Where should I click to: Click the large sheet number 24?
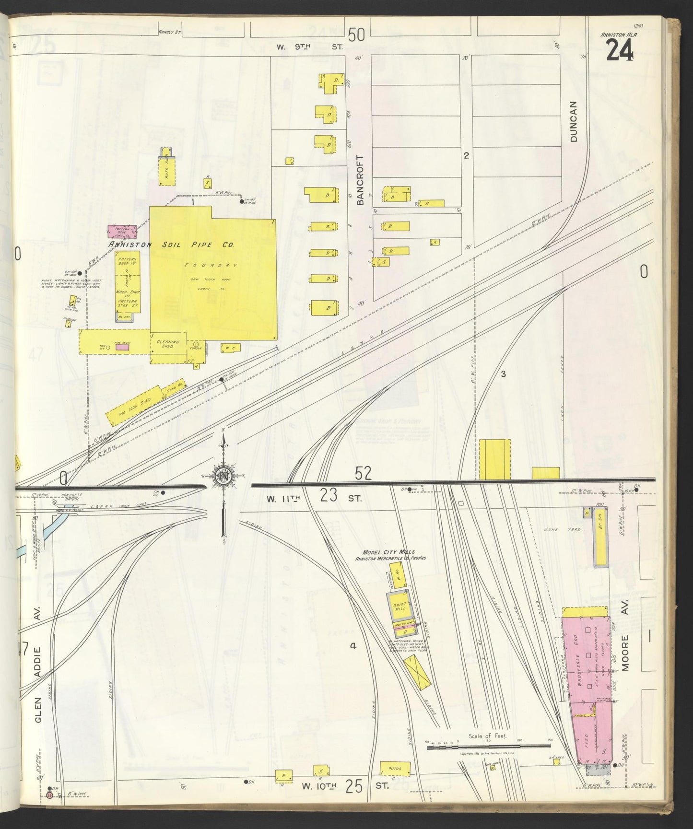pos(620,49)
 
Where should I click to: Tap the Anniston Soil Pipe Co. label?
pos(171,245)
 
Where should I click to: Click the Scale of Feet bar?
pos(488,758)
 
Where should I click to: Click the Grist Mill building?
pos(399,605)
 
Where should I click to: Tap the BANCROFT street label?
pos(361,180)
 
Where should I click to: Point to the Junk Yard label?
pos(568,529)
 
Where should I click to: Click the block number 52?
pos(363,474)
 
